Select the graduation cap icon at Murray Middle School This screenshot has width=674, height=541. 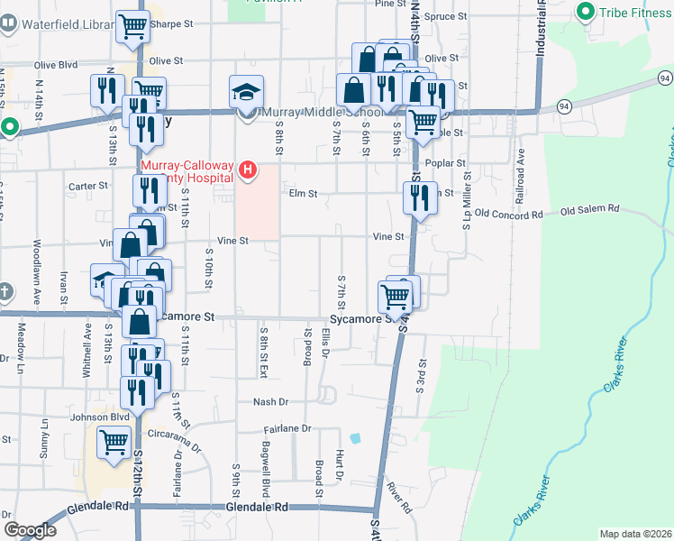tap(246, 92)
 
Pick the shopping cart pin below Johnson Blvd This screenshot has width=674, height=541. tap(114, 442)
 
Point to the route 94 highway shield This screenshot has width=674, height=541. tap(563, 106)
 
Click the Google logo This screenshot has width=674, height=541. tap(30, 530)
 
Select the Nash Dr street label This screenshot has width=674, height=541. tap(269, 402)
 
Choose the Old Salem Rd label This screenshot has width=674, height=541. tap(590, 209)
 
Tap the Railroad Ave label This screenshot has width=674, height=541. tap(520, 169)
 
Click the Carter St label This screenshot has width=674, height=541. tap(89, 186)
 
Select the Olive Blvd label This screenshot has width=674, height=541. tap(57, 65)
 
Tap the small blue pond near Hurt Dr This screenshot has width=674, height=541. tap(355, 438)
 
